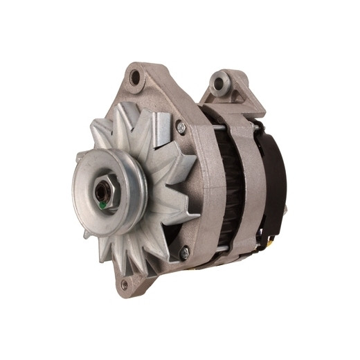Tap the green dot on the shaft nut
pos(103,205)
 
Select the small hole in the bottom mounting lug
pos(125,285)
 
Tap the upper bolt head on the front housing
pos(181,127)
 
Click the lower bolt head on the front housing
pos(185,253)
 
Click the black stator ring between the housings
pos(229,187)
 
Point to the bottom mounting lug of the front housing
pos(129,280)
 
